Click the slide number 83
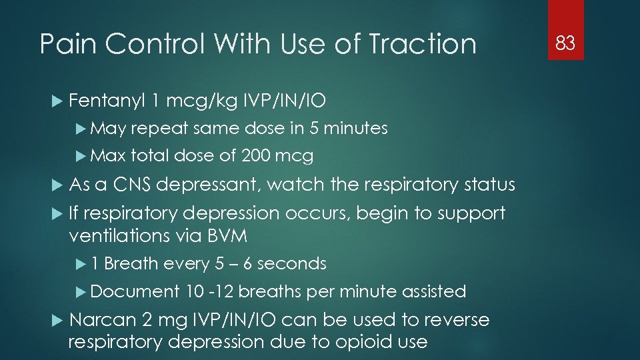pos(565,44)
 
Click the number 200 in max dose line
pos(256,156)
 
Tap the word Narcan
pos(103,320)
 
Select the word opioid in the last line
pos(354,342)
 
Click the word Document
pos(135,291)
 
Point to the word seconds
pos(291,263)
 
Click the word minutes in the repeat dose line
pos(359,128)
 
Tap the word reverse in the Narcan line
pos(455,320)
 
